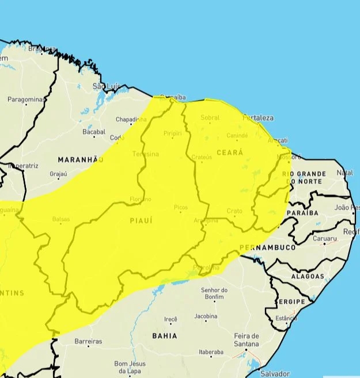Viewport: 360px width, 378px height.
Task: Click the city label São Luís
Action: [106, 86]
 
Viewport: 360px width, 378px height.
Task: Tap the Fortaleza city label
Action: [258, 118]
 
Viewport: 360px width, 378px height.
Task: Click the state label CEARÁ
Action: [230, 152]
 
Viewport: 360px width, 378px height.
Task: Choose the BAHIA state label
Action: [164, 335]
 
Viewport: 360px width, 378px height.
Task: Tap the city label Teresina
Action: [146, 154]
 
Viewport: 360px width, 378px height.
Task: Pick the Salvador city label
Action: [275, 373]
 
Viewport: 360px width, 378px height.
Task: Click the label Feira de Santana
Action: [246, 339]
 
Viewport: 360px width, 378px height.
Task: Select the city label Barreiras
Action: [88, 341]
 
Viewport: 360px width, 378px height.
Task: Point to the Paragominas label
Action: [25, 100]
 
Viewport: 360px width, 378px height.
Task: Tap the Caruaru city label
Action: [325, 238]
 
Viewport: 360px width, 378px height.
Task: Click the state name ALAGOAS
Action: [308, 276]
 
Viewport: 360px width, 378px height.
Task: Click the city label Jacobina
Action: [206, 316]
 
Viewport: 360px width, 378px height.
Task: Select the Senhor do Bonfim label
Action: [214, 293]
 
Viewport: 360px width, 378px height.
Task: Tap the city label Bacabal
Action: [93, 132]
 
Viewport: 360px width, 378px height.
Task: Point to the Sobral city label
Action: [210, 118]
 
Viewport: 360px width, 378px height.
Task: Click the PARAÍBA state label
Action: [302, 213]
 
